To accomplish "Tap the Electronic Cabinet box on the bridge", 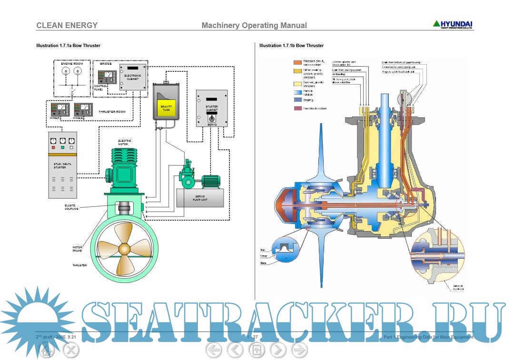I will point(133,76).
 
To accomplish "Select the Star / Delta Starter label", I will point(60,165).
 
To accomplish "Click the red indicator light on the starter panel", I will point(54,148).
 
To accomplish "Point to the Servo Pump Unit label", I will point(199,198).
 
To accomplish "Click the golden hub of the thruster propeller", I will point(124,249).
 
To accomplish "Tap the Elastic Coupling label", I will point(71,207).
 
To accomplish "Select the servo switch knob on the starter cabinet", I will point(211,118).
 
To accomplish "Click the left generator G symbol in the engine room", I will point(66,71).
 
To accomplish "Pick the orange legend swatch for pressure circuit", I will point(297,62).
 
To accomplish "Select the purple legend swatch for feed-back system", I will point(297,108).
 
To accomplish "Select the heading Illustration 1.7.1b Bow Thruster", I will point(291,46).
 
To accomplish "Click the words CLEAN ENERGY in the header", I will point(67,26).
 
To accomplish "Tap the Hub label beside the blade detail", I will point(263,249).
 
